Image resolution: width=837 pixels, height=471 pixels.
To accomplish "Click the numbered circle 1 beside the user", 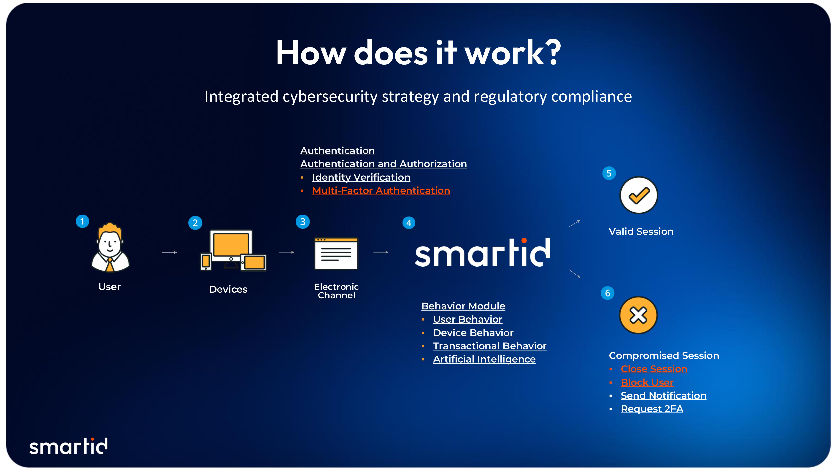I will pyautogui.click(x=82, y=221).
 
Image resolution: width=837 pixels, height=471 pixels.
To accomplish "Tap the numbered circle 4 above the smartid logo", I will pyautogui.click(x=409, y=223).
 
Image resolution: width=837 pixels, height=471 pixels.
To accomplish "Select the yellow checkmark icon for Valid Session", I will pyautogui.click(x=639, y=195).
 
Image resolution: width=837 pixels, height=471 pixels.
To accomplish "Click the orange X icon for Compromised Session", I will pyautogui.click(x=638, y=315).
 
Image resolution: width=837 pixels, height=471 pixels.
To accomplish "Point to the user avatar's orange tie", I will pyautogui.click(x=110, y=265).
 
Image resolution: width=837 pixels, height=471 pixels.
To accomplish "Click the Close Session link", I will pyautogui.click(x=654, y=369).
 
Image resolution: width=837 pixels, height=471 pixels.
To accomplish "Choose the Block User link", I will pyautogui.click(x=647, y=382).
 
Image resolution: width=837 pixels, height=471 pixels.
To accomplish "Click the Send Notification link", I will pyautogui.click(x=663, y=396).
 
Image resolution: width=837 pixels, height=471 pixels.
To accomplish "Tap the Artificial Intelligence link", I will pyautogui.click(x=484, y=359).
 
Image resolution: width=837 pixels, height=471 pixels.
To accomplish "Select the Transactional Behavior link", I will pyautogui.click(x=490, y=346).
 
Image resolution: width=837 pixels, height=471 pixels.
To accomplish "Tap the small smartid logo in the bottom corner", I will pyautogui.click(x=69, y=446).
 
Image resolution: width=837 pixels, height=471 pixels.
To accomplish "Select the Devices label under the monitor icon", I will pyautogui.click(x=228, y=289).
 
